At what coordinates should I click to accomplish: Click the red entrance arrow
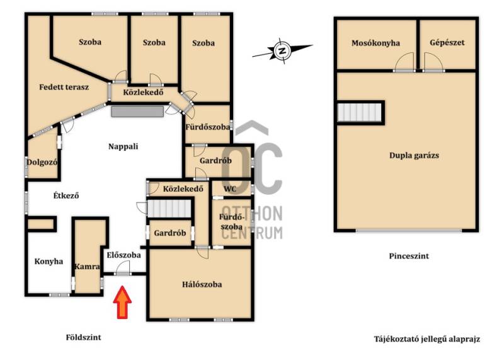pos(122,302)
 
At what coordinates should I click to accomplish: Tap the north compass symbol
pos(282,51)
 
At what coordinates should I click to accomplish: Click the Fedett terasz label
pos(64,87)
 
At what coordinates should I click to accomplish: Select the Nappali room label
pos(123,146)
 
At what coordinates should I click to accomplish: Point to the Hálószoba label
pos(202,284)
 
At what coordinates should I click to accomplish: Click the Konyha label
pos(49,261)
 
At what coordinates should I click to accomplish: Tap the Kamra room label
pos(87,267)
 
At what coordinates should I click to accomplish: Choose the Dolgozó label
pos(42,162)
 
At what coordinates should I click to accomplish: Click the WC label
pos(230,189)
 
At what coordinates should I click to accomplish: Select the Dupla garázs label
pos(414,155)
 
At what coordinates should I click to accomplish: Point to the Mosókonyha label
pos(375,43)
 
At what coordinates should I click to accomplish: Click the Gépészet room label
pos(447,42)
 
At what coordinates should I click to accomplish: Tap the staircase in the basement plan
pos(359,112)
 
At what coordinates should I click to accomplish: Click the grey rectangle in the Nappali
pos(137,112)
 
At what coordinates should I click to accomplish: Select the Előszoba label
pos(123,255)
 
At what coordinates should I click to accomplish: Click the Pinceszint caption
pos(409,256)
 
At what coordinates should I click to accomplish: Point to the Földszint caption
pos(83,337)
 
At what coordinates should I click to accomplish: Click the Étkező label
pos(66,195)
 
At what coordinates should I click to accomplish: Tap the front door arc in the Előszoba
pos(123,265)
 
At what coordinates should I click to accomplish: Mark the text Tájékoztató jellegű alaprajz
pos(427,339)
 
